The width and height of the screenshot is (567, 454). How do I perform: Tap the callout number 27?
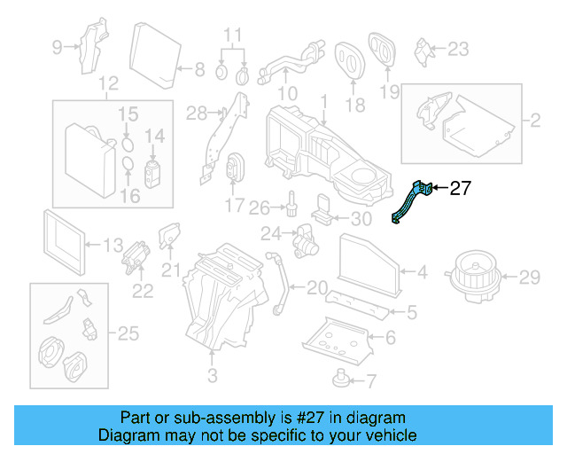[x=461, y=188]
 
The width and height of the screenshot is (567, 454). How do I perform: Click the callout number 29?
[x=529, y=278]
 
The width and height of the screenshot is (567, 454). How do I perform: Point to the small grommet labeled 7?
[x=340, y=381]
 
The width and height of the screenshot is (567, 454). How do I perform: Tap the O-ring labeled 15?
[x=128, y=141]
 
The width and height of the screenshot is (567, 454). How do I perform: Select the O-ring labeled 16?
[x=128, y=166]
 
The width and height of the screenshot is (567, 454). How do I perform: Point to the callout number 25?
[x=128, y=333]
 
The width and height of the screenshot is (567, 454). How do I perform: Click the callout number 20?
[x=316, y=287]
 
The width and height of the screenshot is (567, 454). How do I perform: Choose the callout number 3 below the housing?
[x=212, y=376]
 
